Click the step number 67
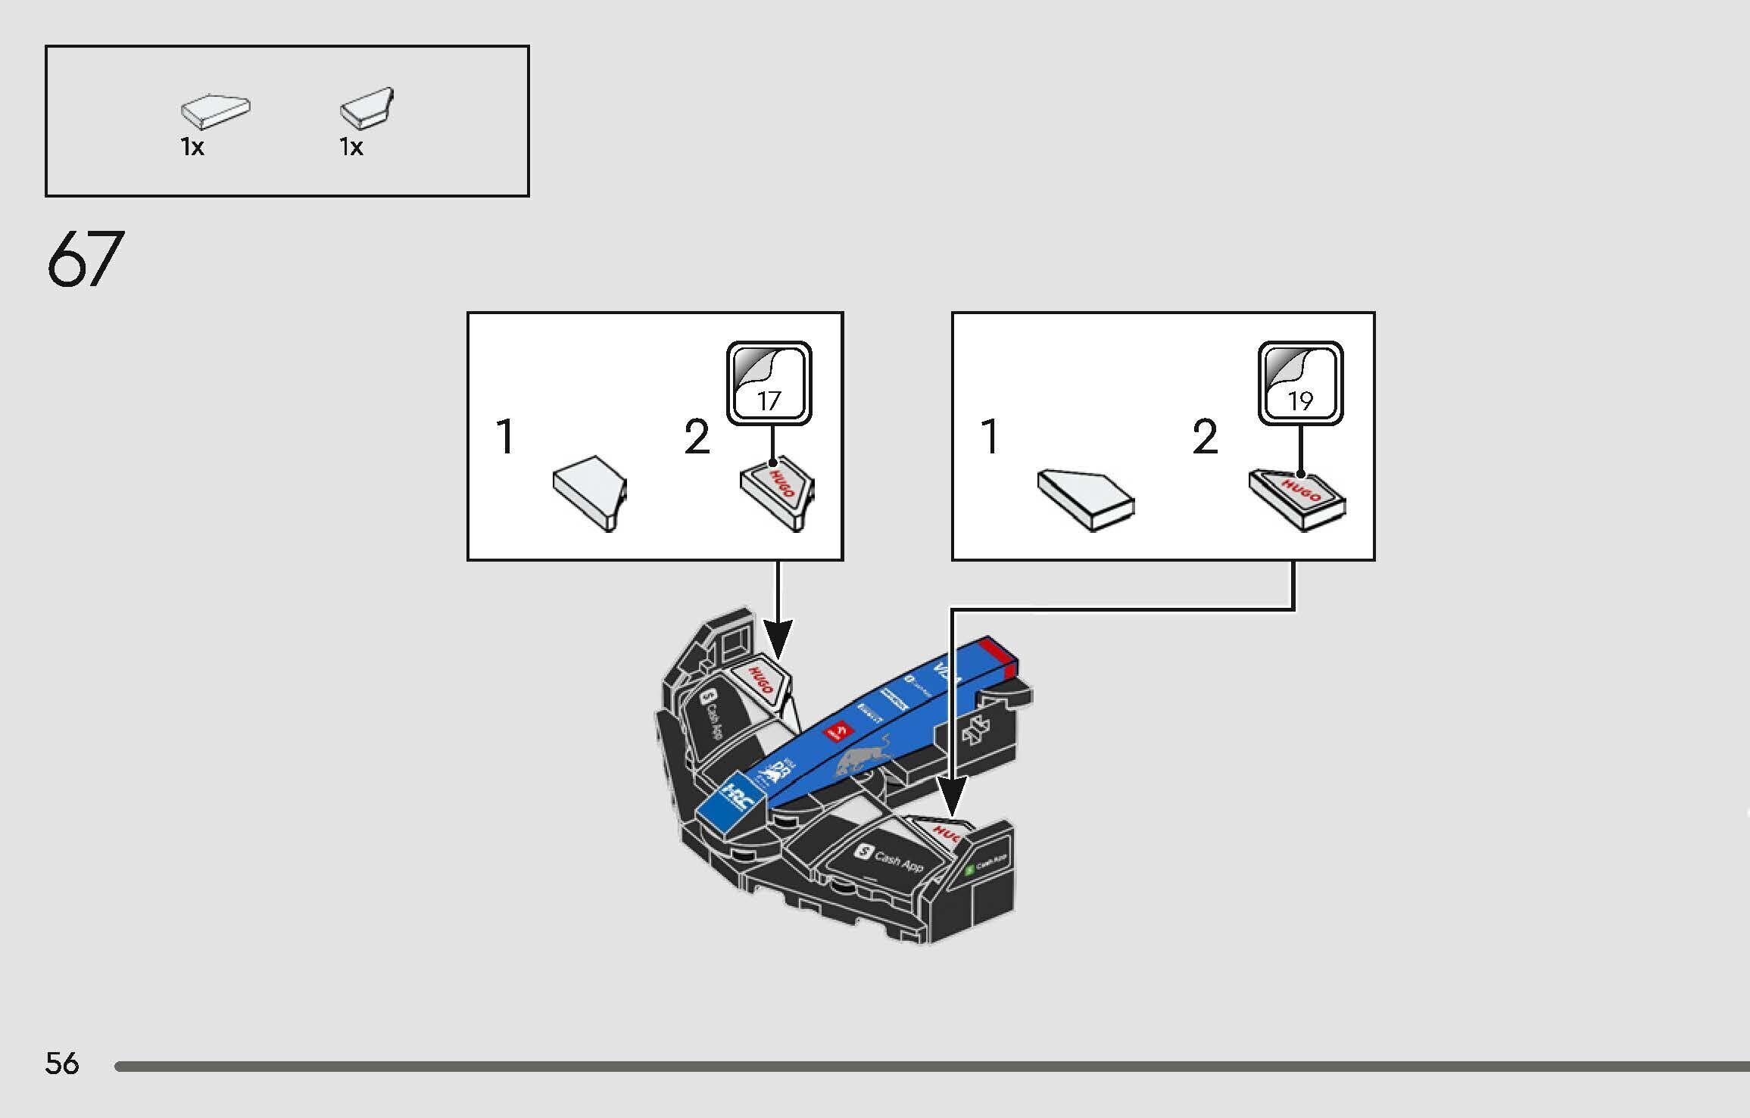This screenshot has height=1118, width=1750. (85, 259)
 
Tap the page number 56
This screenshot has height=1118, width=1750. (61, 1064)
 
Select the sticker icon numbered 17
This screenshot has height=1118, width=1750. (769, 382)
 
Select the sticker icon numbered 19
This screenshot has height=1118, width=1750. (1300, 382)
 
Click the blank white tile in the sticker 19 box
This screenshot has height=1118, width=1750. (1085, 499)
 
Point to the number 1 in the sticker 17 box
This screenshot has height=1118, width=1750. (505, 437)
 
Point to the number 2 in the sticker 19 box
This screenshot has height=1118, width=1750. (1205, 437)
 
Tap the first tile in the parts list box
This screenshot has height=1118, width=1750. (216, 111)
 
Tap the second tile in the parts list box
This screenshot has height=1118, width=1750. (368, 107)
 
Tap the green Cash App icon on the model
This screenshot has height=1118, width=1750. (969, 870)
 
